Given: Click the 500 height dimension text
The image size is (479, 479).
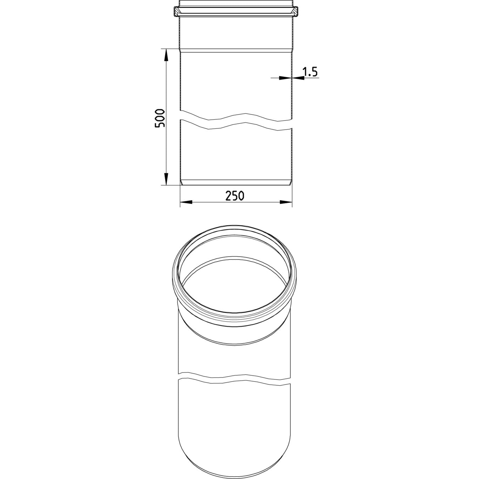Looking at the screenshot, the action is pyautogui.click(x=160, y=118).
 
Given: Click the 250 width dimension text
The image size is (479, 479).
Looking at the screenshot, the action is pyautogui.click(x=235, y=196).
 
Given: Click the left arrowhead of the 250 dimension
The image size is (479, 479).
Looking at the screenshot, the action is pyautogui.click(x=186, y=202).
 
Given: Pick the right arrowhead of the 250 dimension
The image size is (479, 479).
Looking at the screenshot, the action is pyautogui.click(x=286, y=202).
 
